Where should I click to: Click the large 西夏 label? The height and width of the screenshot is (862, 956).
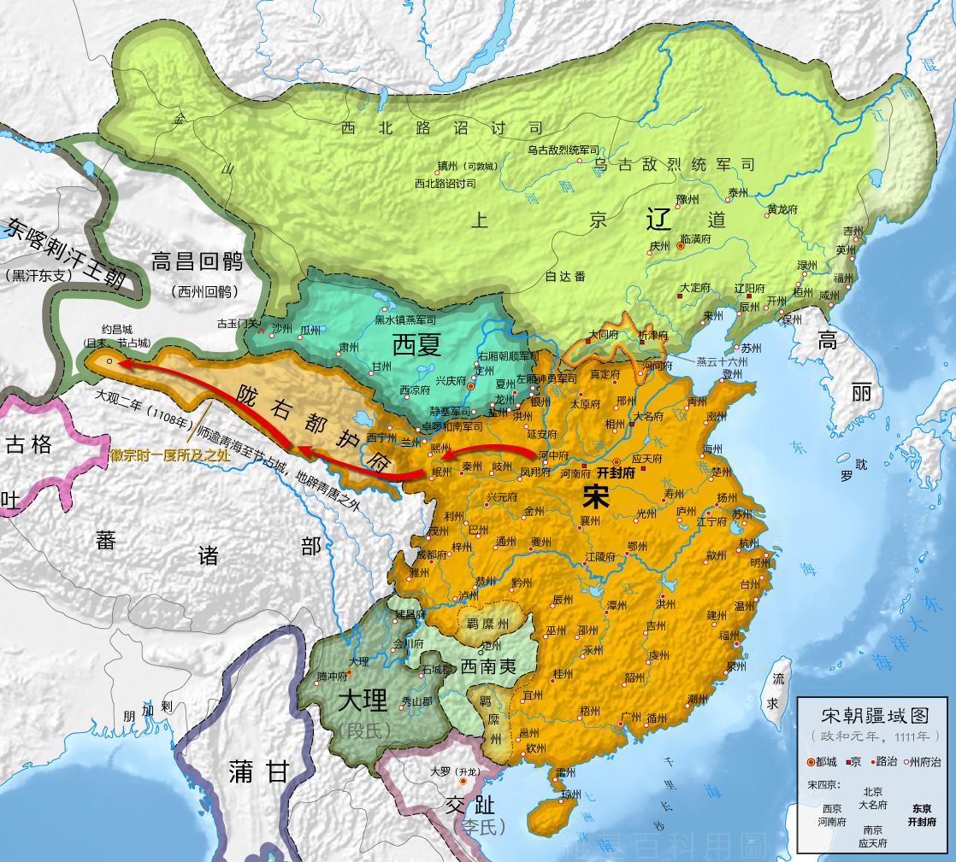[416, 345]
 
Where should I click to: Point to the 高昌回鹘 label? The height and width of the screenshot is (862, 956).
[198, 261]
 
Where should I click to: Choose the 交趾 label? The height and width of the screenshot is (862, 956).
[469, 806]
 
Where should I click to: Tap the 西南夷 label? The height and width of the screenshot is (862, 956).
[487, 665]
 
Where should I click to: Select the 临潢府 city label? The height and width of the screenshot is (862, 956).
[694, 239]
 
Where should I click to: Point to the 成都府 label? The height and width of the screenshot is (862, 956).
[429, 554]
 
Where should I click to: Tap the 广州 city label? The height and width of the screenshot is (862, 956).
[630, 716]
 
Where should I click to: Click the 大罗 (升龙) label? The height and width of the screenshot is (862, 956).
[450, 771]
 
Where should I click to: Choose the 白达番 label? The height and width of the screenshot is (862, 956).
[566, 275]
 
